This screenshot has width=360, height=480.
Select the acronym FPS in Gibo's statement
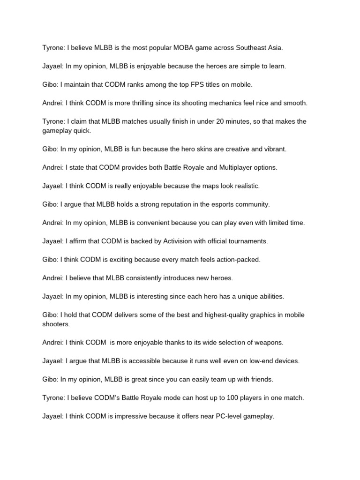175,84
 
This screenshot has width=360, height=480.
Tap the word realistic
243,186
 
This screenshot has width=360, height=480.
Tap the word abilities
270,296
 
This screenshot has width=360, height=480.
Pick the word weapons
269,343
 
